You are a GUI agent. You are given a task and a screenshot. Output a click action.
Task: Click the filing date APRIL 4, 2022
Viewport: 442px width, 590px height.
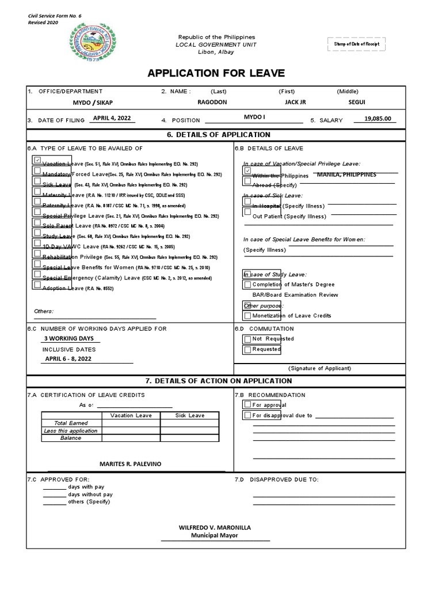[x=112, y=118]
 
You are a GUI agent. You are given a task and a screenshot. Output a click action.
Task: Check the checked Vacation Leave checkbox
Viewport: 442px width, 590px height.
[x=37, y=160]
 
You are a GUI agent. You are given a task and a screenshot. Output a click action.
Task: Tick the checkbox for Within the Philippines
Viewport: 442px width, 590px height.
[x=247, y=171]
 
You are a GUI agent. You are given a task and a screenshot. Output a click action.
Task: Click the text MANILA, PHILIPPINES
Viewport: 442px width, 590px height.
[x=346, y=175]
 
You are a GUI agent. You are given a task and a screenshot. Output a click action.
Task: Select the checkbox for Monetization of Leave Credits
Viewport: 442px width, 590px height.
[x=247, y=315]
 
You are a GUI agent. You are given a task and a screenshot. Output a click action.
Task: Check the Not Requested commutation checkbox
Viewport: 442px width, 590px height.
[x=247, y=339]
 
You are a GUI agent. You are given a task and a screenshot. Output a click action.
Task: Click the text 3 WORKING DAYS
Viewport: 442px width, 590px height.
[x=69, y=339]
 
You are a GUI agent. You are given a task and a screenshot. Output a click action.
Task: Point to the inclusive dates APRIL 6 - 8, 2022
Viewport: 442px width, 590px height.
[x=68, y=358]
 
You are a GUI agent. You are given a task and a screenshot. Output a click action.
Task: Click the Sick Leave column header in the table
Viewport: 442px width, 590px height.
[x=189, y=415]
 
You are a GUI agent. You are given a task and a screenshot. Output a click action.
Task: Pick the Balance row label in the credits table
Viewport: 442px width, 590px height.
[x=71, y=438]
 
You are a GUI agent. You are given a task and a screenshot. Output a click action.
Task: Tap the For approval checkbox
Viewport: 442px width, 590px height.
[x=247, y=405]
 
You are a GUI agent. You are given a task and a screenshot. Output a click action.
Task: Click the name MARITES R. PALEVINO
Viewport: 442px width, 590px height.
[x=131, y=464]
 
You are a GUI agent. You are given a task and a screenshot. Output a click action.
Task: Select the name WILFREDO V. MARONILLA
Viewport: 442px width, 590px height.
[x=215, y=527]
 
